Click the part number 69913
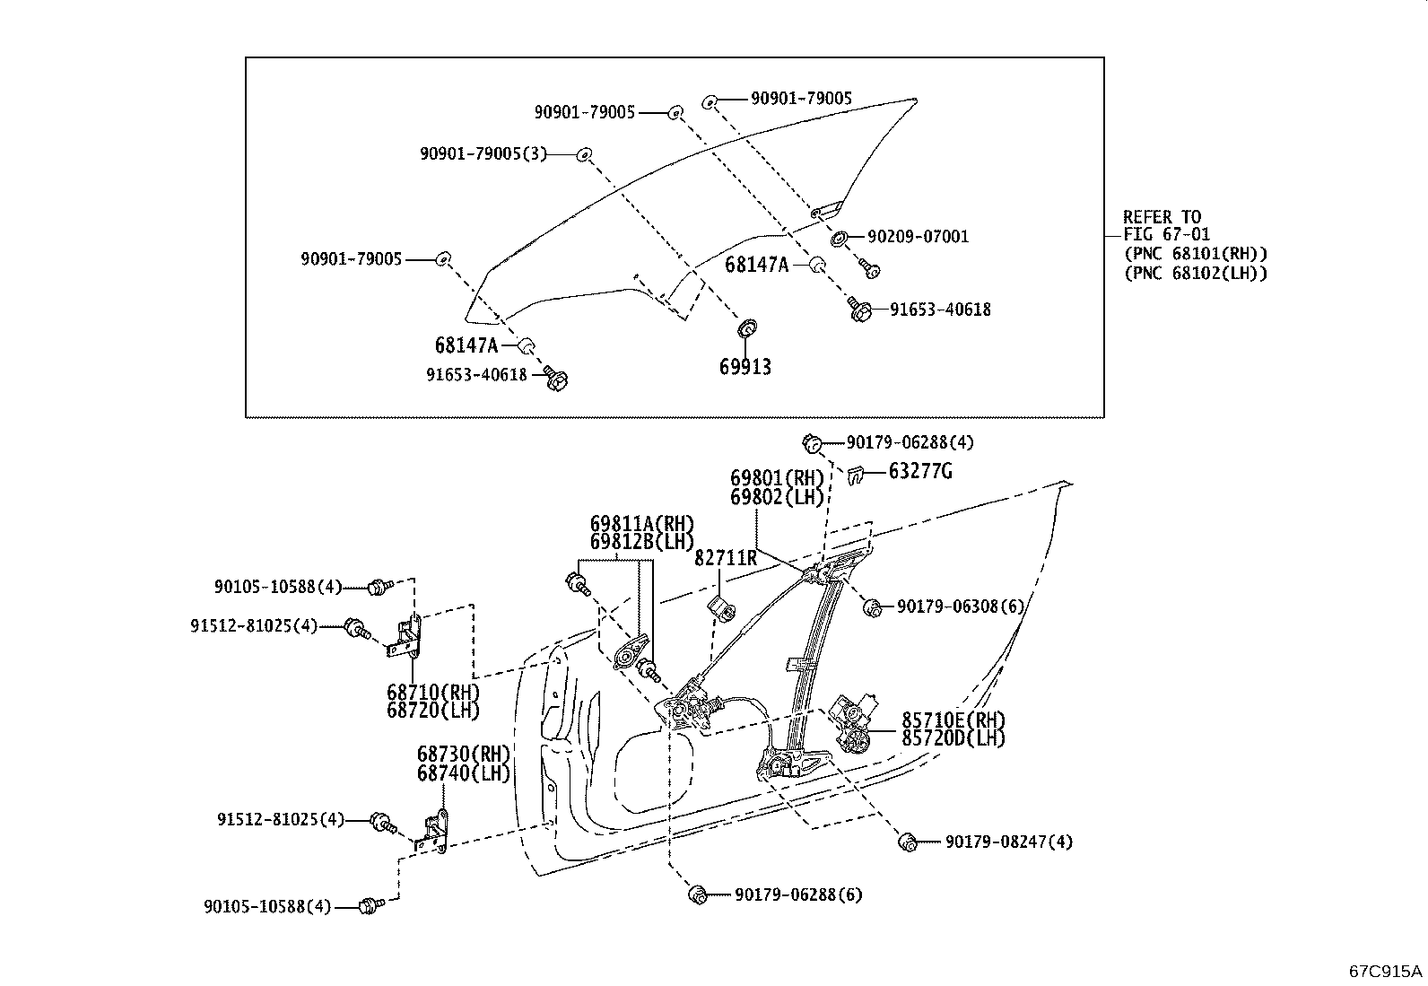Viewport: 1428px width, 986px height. [x=744, y=367]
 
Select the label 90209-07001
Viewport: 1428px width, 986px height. [x=918, y=237]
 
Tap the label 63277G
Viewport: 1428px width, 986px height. [x=920, y=471]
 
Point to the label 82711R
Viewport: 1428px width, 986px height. [x=725, y=558]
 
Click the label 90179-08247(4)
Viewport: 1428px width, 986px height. [x=1008, y=842]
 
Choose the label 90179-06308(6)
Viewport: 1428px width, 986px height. [x=960, y=606]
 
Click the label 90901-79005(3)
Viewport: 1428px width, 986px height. [x=483, y=153]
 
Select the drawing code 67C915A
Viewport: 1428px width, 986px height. [x=1386, y=971]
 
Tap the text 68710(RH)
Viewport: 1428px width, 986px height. [x=433, y=693]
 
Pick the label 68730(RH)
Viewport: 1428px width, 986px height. [x=463, y=755]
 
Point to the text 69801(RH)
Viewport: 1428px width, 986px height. [x=777, y=478]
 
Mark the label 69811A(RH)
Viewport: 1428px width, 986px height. [x=642, y=524]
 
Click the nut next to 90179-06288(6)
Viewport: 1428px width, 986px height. [x=696, y=894]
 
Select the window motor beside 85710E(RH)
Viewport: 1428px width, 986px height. [x=857, y=721]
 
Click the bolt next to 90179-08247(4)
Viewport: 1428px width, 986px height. [x=908, y=841]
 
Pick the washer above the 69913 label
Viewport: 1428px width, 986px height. [x=744, y=327]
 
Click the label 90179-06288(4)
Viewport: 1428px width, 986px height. [x=910, y=442]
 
